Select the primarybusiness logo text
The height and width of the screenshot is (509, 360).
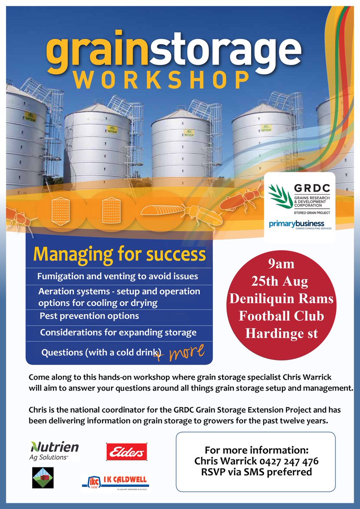(296, 224)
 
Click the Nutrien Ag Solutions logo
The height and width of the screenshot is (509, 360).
(54, 450)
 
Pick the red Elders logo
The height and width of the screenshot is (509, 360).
(126, 451)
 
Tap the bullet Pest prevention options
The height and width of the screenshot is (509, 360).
(89, 316)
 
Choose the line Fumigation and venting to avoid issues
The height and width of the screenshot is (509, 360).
(118, 277)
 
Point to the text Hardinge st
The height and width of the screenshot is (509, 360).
(282, 333)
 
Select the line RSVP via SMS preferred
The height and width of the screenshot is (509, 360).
(256, 472)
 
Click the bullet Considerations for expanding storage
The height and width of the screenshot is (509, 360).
(118, 333)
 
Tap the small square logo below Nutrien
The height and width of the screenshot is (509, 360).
(43, 478)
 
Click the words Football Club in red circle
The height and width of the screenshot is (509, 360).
(282, 316)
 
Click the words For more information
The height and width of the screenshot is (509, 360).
(256, 450)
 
